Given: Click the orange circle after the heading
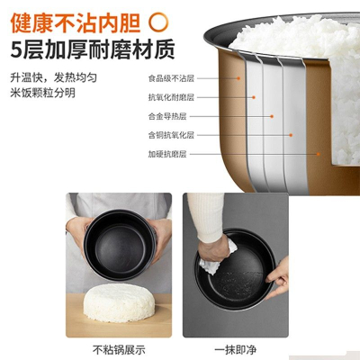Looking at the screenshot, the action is click(x=159, y=22).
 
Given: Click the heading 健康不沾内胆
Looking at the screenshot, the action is click(x=76, y=22).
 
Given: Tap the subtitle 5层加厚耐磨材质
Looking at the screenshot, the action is click(x=93, y=49).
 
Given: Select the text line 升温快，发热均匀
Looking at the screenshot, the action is click(x=54, y=77).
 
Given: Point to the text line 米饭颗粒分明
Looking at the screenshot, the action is click(x=43, y=93).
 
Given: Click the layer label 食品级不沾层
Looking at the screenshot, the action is click(x=171, y=78).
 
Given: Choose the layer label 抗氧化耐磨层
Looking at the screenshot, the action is click(x=171, y=97).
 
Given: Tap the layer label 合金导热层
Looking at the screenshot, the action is click(x=167, y=116).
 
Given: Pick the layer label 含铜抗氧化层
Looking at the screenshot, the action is click(x=171, y=135).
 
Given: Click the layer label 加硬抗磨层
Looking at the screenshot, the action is click(x=167, y=154).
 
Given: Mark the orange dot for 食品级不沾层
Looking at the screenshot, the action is click(x=238, y=78).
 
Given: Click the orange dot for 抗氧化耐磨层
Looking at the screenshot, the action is click(x=254, y=97).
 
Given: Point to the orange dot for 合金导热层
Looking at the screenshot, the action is click(x=272, y=116).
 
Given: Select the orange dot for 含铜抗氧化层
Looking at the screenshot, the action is click(x=291, y=135).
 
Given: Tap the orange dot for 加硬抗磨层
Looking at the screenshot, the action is click(x=319, y=154).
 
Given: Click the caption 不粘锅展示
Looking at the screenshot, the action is click(x=119, y=350).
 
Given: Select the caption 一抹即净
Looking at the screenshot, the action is click(x=236, y=350).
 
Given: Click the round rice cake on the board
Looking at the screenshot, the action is click(x=119, y=302).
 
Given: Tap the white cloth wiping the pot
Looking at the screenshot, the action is click(x=217, y=259).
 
